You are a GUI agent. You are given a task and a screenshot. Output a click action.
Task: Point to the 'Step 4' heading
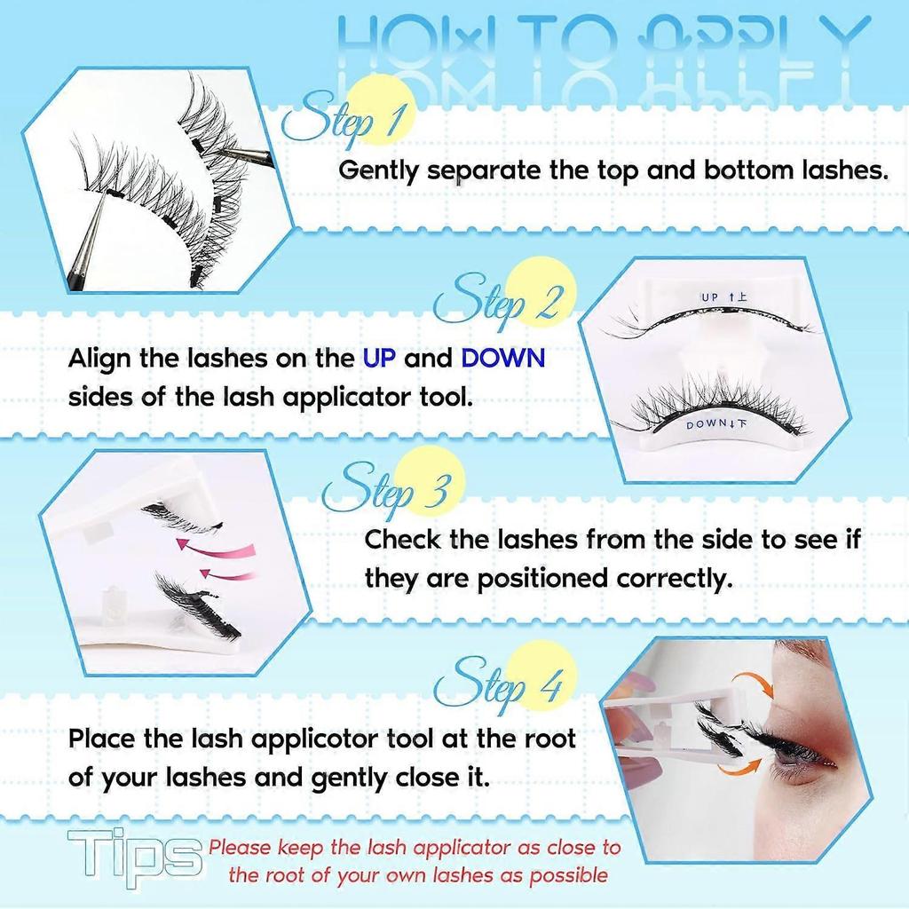502,684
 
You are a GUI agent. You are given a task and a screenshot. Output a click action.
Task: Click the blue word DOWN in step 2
502,359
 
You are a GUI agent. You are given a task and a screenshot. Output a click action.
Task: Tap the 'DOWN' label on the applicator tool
709,425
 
